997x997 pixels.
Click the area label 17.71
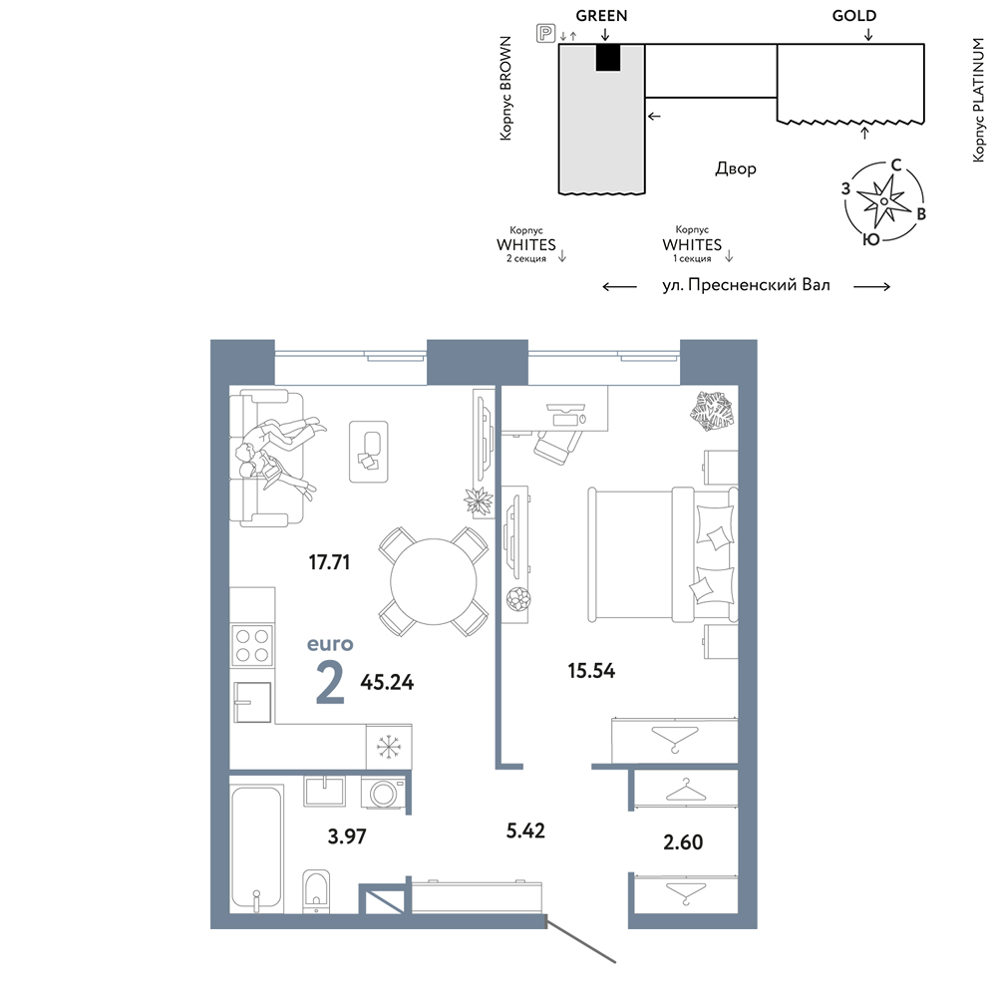329,562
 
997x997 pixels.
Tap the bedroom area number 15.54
591,670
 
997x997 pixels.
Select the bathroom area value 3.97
347,836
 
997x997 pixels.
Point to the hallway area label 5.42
525,831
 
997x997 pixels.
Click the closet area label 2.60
683,841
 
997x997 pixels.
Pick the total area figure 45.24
387,682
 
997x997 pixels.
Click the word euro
330,644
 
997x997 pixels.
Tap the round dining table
434,581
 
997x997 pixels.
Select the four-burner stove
252,645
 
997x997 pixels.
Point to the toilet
316,889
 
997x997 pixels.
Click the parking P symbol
546,33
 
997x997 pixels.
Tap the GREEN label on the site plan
601,15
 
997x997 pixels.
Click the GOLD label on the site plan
854,15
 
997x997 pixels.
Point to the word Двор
736,168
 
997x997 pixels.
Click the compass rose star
883,201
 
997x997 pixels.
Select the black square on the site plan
608,58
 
